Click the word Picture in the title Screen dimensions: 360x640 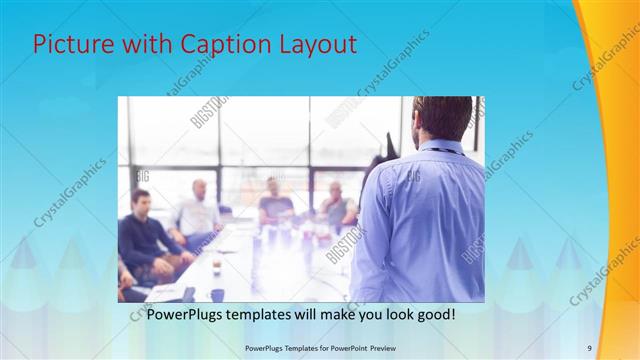[x=70, y=45]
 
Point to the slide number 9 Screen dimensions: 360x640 [x=589, y=348]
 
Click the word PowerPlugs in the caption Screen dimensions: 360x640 [x=188, y=314]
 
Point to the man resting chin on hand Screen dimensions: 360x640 [x=336, y=205]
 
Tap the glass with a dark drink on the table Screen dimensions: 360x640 [x=216, y=265]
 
